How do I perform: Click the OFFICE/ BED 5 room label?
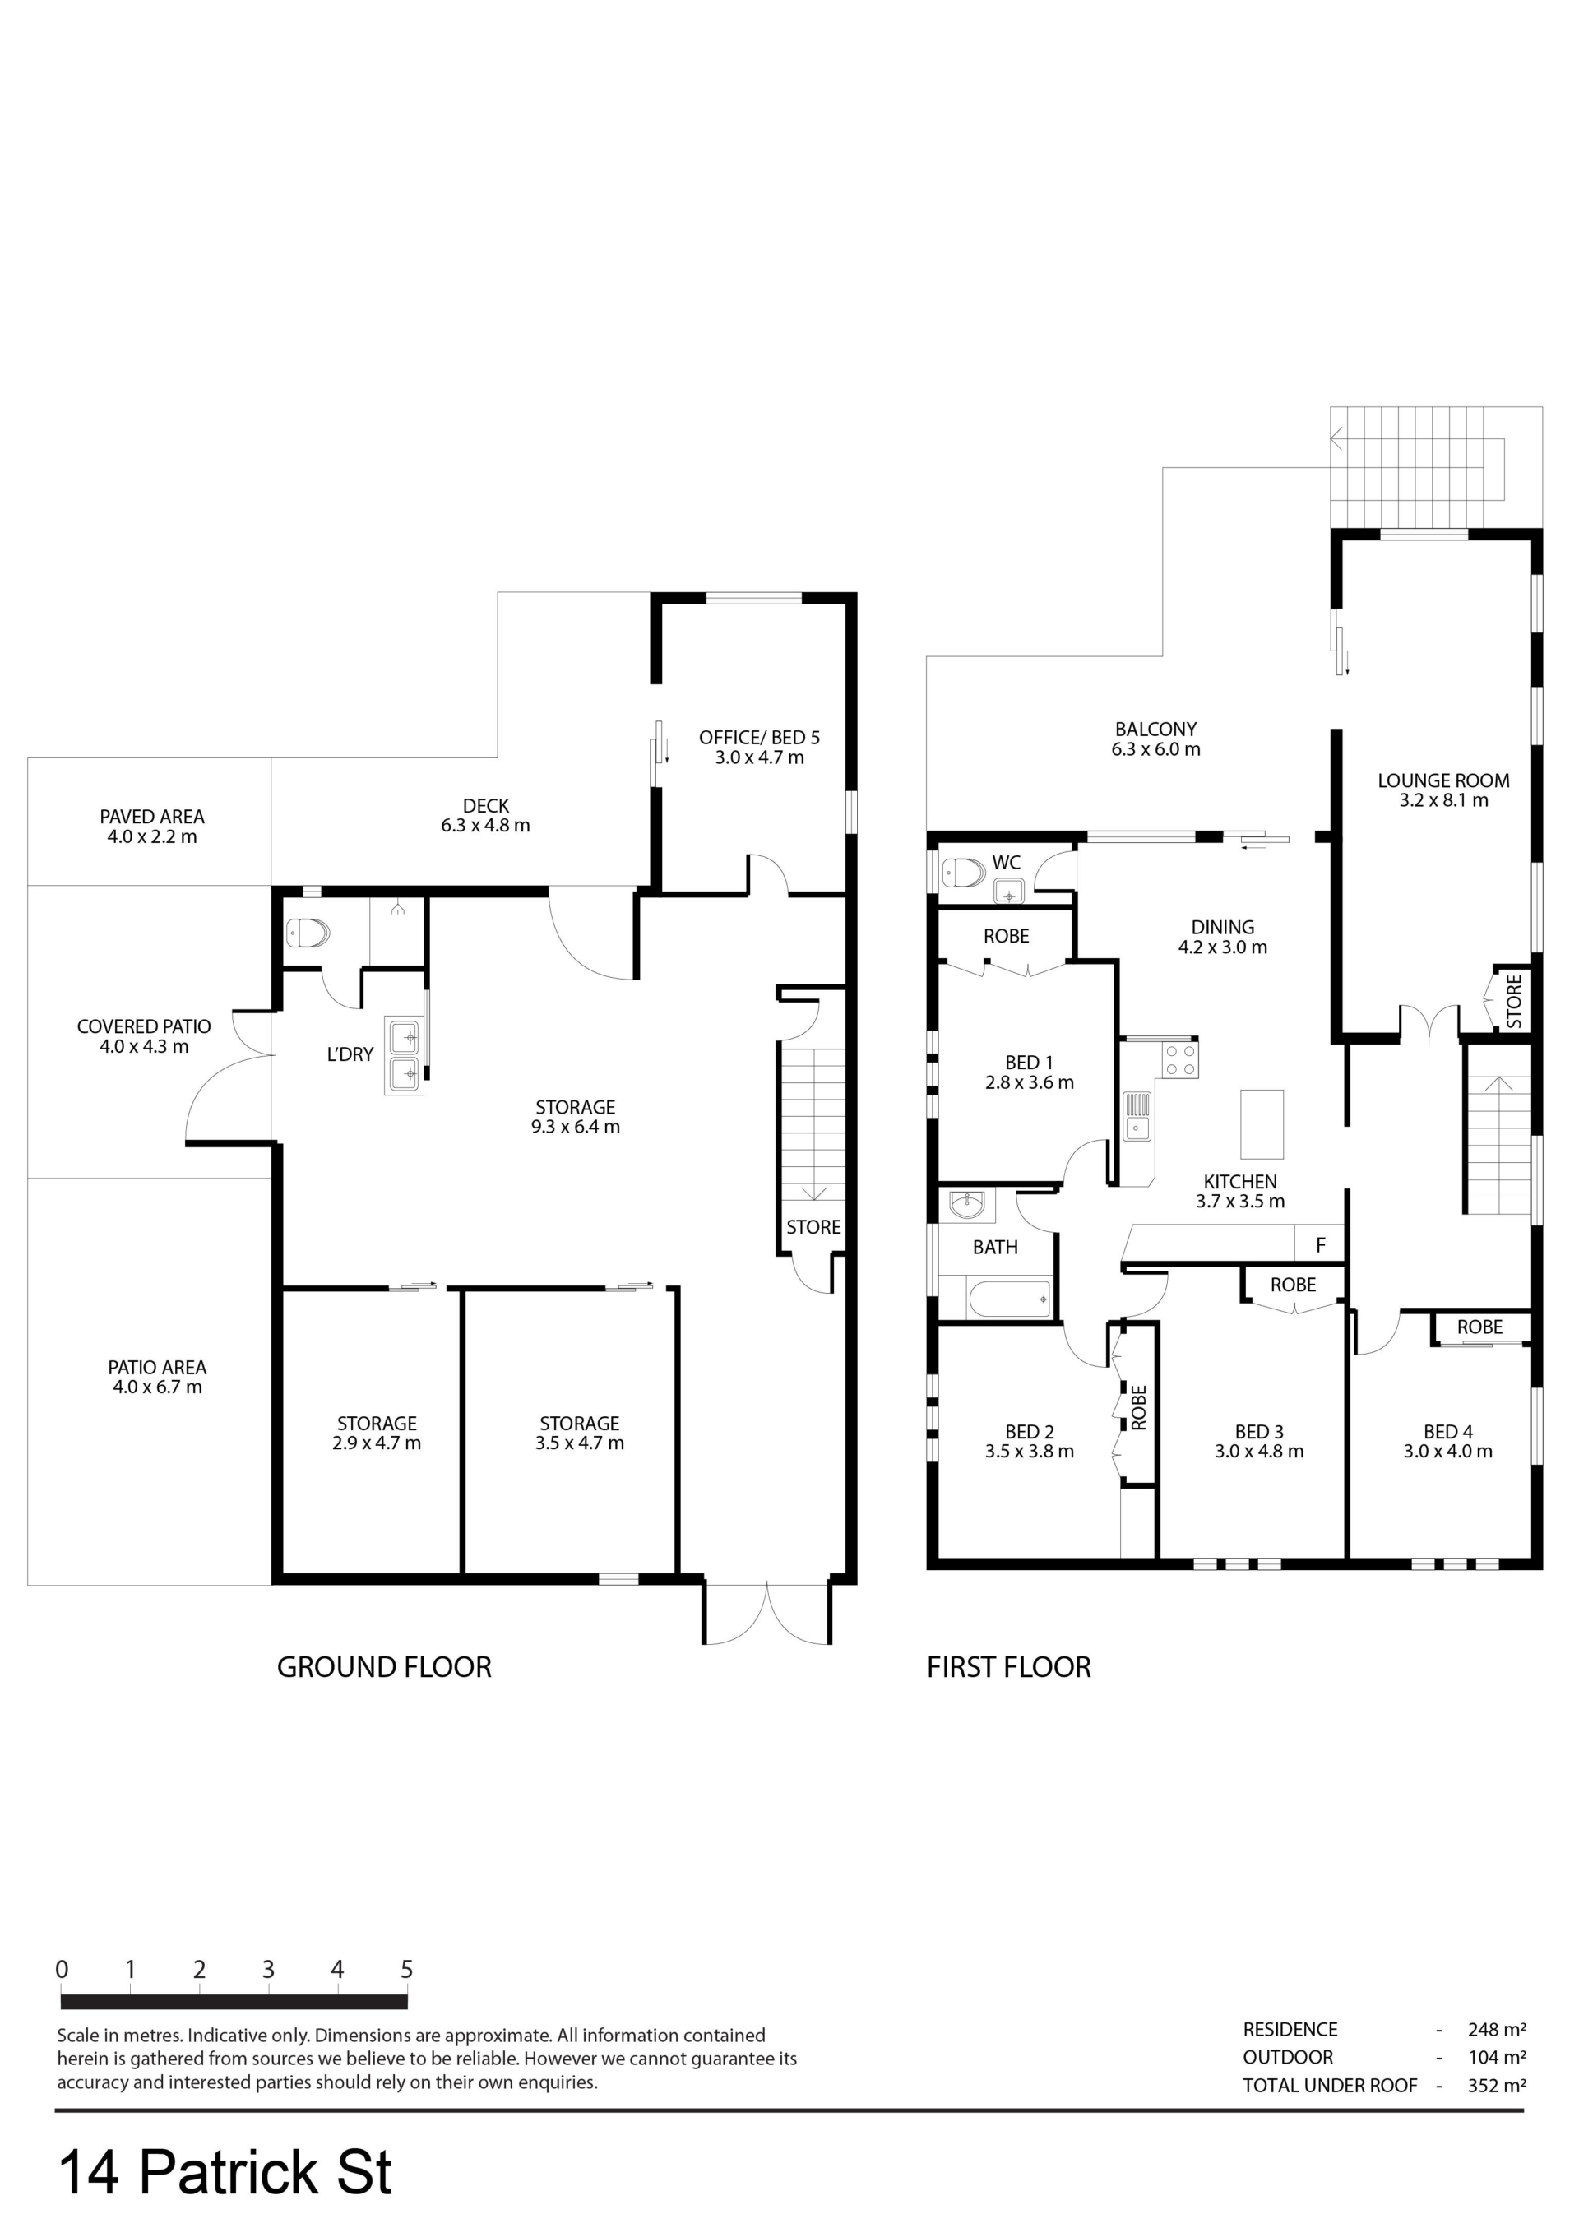pos(759,738)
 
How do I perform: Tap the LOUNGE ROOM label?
pos(1442,780)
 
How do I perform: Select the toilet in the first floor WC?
pos(964,872)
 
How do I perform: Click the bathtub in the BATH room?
pos(1009,1299)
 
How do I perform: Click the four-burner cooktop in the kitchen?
pos(1180,1059)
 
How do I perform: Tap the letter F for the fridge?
pos(1321,1245)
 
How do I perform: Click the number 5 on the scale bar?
pos(406,1970)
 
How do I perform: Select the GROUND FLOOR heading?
pos(384,1667)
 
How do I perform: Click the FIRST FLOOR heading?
pos(1008,1667)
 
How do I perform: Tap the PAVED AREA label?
pos(151,817)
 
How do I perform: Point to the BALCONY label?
pos(1155,729)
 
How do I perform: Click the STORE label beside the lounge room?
pos(1514,1001)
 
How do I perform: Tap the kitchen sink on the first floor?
pos(1137,1116)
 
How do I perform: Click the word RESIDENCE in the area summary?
pos(1290,2030)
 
